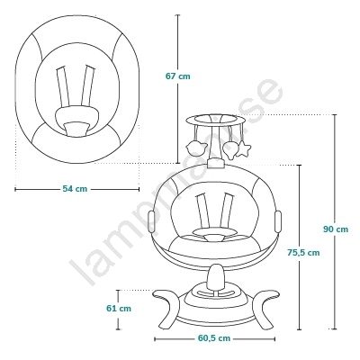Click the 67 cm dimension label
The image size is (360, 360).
(178, 76)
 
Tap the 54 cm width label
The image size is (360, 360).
(75, 189)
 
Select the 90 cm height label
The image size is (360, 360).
(336, 229)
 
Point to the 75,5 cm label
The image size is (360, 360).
(303, 253)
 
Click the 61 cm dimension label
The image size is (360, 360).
(119, 308)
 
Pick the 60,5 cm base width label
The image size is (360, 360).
(214, 338)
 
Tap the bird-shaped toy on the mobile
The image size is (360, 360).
(196, 148)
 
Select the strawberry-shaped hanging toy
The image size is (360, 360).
(230, 149)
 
